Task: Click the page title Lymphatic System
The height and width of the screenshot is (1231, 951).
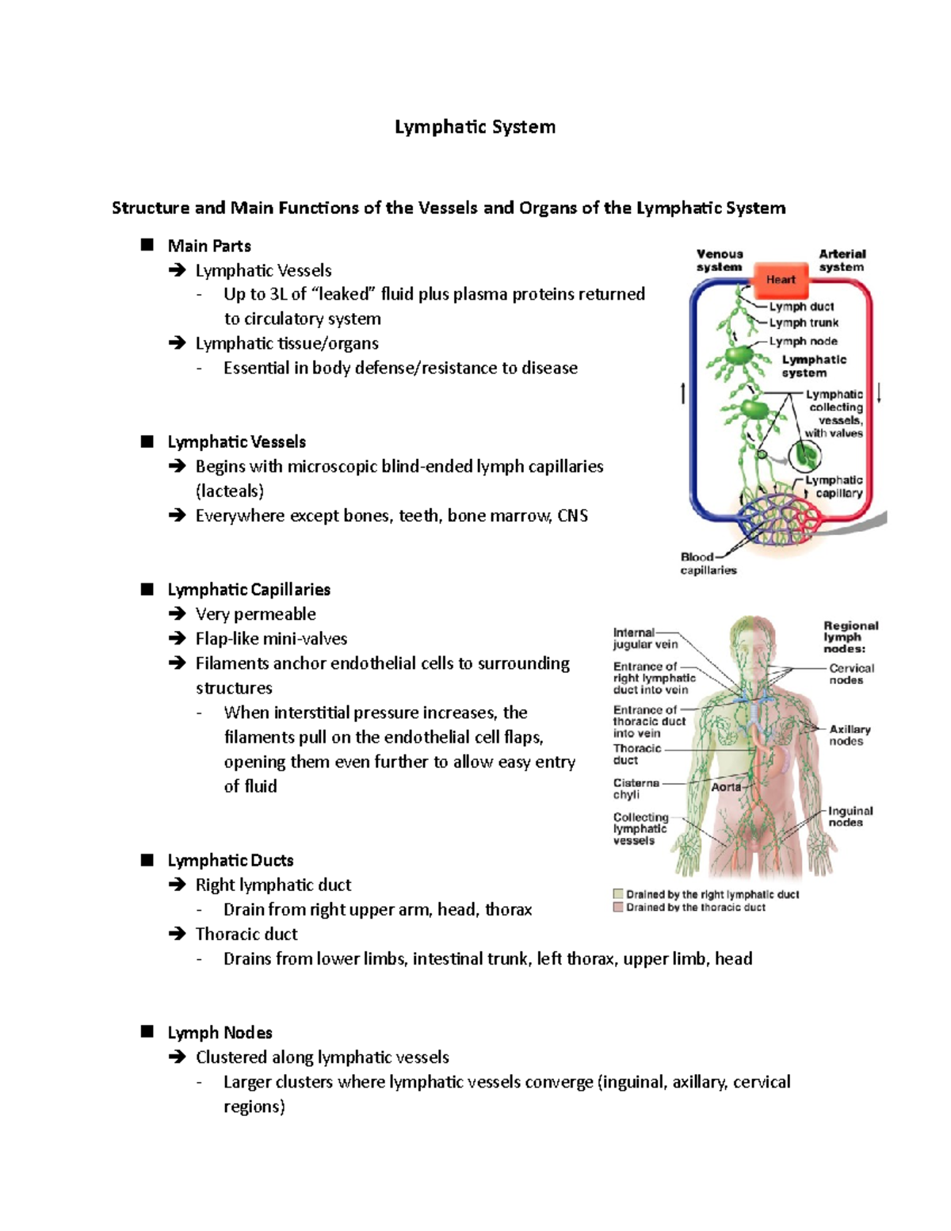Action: (475, 127)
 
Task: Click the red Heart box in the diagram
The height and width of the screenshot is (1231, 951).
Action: (780, 279)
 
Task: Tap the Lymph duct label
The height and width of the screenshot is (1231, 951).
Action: (801, 306)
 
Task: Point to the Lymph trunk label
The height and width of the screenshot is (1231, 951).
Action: (804, 323)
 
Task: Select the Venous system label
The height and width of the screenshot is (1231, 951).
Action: (720, 260)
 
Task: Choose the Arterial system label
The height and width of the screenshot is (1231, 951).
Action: (842, 260)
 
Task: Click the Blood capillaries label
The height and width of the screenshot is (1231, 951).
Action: (708, 564)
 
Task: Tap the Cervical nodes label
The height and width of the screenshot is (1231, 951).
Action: (851, 674)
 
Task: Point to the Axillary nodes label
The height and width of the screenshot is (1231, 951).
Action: (850, 735)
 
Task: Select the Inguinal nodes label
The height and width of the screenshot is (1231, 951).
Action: (850, 816)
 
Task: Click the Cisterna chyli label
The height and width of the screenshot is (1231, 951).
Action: (636, 789)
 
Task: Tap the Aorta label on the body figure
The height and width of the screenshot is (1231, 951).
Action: (726, 787)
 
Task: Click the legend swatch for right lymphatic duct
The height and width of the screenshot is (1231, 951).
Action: (618, 893)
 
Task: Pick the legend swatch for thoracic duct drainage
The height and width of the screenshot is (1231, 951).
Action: (618, 907)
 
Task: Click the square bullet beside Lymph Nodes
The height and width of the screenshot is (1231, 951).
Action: (147, 1031)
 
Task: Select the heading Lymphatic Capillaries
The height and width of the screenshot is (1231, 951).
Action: (249, 590)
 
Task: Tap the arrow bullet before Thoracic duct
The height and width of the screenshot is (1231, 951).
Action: (177, 934)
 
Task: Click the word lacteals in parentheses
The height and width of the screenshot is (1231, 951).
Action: (230, 491)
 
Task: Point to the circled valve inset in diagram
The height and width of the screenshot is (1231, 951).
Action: (805, 455)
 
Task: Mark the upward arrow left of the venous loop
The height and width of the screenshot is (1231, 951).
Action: (683, 393)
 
